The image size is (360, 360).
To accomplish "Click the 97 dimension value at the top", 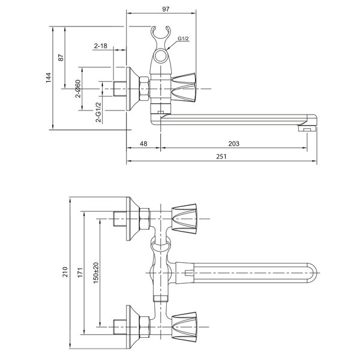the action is [166, 9].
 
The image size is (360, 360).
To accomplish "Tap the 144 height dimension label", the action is [49, 78].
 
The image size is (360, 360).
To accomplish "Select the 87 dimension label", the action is [61, 58].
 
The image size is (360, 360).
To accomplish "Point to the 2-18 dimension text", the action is [101, 46].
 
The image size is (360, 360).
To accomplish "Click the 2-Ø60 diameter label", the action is [78, 89].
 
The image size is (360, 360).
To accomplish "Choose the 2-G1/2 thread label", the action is [98, 112].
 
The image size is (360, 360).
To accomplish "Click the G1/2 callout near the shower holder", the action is [183, 38].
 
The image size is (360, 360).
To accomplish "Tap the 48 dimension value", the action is [143, 143].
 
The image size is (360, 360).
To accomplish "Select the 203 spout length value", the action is [234, 143].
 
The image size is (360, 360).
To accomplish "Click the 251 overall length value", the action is [221, 157].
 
